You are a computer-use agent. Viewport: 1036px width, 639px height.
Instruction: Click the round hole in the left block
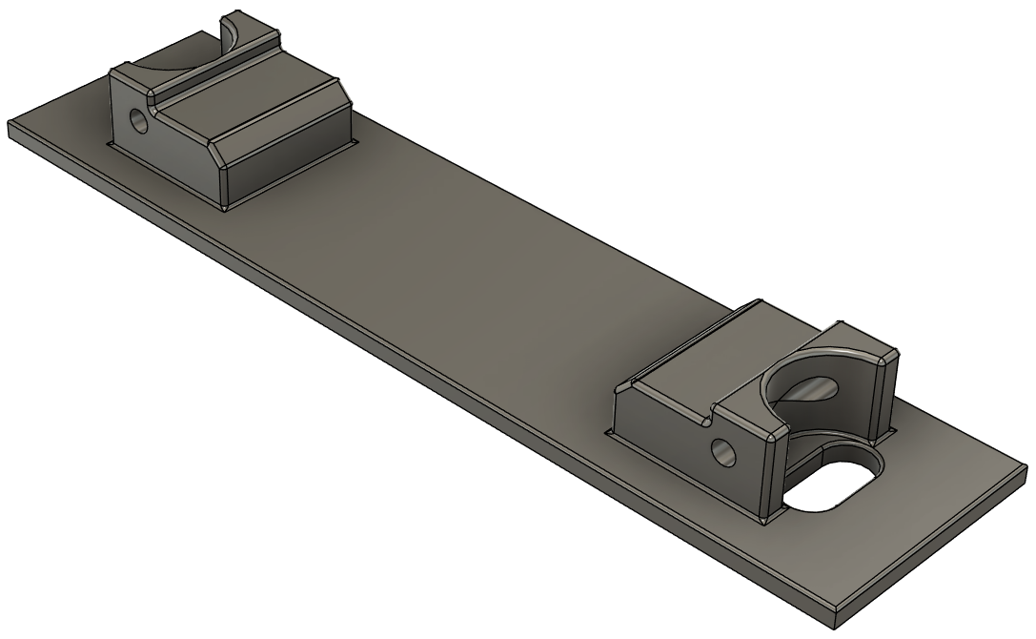click(140, 121)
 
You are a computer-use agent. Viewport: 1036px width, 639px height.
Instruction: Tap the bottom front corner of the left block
click(225, 208)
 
